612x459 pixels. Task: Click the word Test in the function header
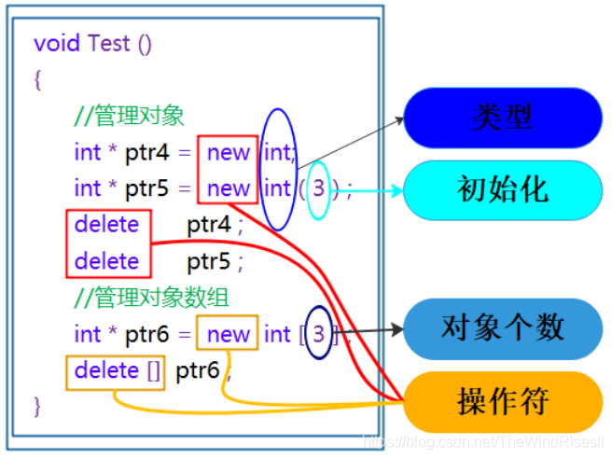click(x=109, y=44)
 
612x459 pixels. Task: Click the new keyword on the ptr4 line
click(x=229, y=151)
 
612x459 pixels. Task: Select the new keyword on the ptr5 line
click(x=229, y=188)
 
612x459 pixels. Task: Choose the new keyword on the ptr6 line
click(x=229, y=334)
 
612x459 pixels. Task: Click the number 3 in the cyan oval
click(x=319, y=188)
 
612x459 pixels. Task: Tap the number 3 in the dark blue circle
click(x=319, y=334)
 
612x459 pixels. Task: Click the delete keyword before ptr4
click(x=106, y=225)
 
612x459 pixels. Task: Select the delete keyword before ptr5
click(x=106, y=261)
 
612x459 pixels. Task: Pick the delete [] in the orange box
click(x=118, y=370)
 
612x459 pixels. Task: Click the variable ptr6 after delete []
click(x=198, y=370)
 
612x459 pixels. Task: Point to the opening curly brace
click(x=37, y=80)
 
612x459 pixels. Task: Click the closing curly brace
click(x=37, y=407)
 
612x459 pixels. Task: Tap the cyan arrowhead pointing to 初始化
click(x=396, y=190)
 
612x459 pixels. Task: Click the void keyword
click(x=57, y=44)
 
